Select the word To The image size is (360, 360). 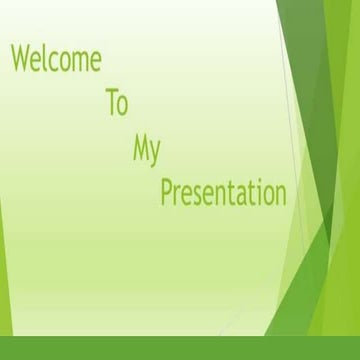pyautogui.click(x=116, y=103)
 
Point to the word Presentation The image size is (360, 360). pyautogui.click(x=223, y=192)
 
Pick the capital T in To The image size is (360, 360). pyautogui.click(x=111, y=103)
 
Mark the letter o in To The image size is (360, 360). pyautogui.click(x=122, y=105)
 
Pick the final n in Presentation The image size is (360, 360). pyautogui.click(x=281, y=194)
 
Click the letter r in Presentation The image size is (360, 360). pyautogui.click(x=177, y=194)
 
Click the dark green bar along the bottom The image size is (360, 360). pyautogui.click(x=180, y=348)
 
